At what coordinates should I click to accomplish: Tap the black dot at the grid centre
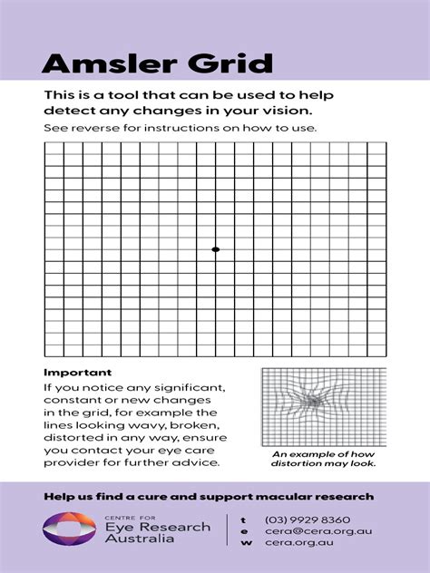215,248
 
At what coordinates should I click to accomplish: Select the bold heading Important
77,373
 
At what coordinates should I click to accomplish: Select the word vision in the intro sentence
288,111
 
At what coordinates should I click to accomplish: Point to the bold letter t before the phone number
242,520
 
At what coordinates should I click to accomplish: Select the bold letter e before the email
242,531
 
